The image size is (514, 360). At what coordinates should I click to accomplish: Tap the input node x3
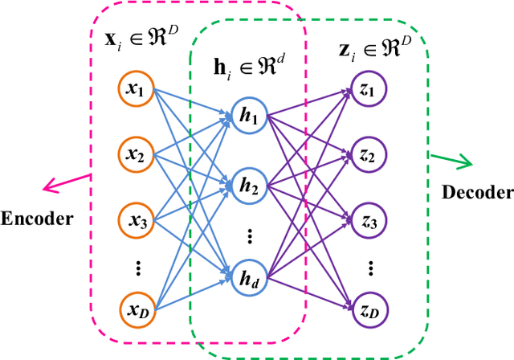coord(134,218)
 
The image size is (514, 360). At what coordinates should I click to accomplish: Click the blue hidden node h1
coord(247,117)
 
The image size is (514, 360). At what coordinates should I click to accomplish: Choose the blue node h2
coord(247,186)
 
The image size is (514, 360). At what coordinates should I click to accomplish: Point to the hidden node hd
coord(247,277)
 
